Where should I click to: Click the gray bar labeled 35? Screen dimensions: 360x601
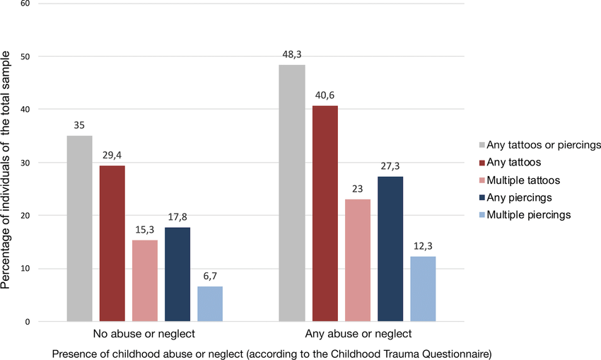79,228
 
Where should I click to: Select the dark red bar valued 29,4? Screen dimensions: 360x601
112,243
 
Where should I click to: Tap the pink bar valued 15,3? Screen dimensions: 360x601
145,281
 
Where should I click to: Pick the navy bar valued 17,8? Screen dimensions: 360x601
177,274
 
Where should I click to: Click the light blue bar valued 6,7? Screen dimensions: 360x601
210,303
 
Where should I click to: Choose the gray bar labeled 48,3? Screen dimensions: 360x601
292,193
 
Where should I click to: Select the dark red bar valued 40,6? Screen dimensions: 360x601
325,214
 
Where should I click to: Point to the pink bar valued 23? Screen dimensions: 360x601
358,260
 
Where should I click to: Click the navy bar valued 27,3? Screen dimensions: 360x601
390,249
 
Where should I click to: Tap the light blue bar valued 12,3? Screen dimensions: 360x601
423,289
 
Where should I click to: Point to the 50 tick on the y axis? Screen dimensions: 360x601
25,57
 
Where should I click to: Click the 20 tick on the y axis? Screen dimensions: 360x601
25,216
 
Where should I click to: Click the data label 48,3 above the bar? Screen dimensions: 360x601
292,53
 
